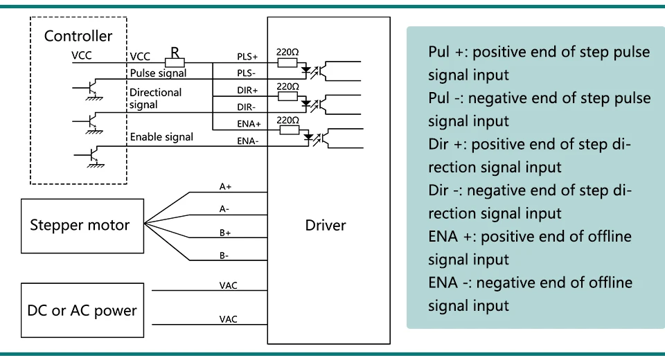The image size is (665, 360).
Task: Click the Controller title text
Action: click(78, 36)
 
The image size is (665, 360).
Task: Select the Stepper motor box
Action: click(82, 226)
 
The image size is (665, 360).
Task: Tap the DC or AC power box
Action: click(82, 310)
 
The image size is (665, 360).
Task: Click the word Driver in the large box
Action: click(326, 225)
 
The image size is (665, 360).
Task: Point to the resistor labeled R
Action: click(175, 63)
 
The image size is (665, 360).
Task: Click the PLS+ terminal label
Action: click(247, 56)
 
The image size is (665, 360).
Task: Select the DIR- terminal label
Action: click(247, 107)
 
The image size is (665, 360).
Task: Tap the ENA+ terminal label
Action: click(249, 124)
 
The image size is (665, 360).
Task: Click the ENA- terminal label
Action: click(248, 141)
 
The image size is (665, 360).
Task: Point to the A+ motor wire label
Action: click(225, 186)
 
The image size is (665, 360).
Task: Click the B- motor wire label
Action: click(224, 255)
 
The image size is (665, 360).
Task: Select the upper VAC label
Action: click(228, 285)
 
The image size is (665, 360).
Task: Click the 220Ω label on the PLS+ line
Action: click(287, 52)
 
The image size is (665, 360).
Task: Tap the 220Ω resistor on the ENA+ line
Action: click(290, 129)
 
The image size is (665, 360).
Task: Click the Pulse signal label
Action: click(158, 73)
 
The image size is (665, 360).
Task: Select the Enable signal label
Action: click(161, 137)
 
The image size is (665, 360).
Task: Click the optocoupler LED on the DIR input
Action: click(305, 103)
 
